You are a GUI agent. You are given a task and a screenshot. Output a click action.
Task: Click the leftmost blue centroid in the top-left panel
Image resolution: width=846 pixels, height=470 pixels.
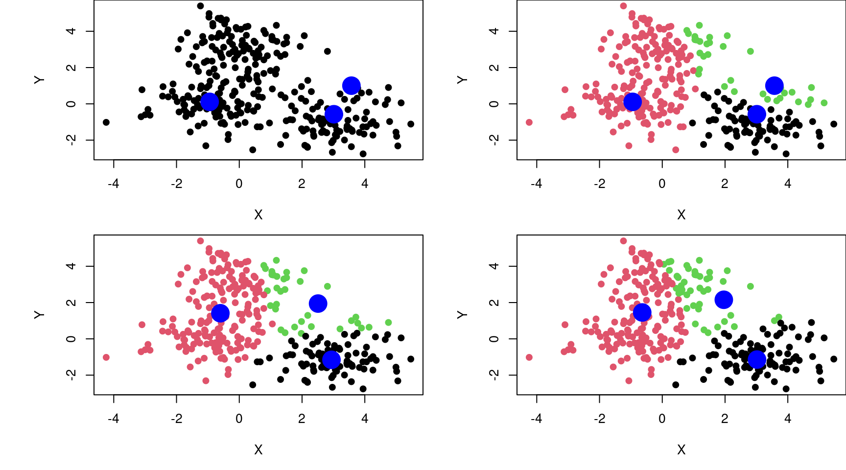pos(209,101)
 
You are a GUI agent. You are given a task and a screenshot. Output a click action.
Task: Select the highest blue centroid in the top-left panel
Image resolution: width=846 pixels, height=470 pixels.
pos(351,86)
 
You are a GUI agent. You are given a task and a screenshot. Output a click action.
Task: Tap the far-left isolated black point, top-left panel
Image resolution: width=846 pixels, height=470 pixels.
pos(106,122)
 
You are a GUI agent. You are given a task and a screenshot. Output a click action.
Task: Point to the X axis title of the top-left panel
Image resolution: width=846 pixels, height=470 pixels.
pos(258,214)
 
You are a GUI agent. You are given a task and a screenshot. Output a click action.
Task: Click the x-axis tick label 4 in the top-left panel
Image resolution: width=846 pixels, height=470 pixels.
pos(364,184)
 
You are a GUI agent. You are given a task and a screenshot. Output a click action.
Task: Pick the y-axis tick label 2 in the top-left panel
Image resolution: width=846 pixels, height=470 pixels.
pos(71,68)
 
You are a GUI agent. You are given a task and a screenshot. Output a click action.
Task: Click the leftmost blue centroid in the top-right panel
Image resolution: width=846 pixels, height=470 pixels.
pos(632,101)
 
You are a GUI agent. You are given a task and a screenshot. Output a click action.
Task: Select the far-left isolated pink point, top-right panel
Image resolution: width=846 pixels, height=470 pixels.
pos(529,122)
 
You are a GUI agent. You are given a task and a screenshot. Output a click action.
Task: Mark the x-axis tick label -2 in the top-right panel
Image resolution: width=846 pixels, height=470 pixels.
pos(599,184)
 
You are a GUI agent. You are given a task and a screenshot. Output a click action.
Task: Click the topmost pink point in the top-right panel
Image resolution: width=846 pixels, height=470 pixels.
pos(623,6)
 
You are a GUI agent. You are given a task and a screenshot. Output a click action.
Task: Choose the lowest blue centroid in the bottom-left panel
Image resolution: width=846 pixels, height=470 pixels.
pos(331,360)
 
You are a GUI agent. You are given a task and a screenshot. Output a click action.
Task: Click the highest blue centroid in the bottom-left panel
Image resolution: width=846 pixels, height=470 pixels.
pos(318,304)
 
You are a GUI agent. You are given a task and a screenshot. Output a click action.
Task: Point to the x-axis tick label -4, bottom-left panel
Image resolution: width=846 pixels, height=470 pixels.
pos(114,419)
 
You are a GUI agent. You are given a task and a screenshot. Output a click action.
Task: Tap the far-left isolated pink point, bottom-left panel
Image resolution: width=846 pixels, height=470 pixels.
pos(106,357)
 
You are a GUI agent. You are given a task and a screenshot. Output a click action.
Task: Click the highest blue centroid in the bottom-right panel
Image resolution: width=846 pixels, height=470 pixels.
pos(724,299)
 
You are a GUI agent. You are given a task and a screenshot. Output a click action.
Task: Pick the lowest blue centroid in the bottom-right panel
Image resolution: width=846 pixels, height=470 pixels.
pos(756,359)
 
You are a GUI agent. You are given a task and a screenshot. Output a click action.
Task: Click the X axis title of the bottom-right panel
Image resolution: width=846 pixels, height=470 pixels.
pos(681,449)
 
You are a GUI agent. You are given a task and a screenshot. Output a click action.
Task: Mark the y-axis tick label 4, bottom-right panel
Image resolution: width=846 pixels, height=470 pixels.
pos(494,266)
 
